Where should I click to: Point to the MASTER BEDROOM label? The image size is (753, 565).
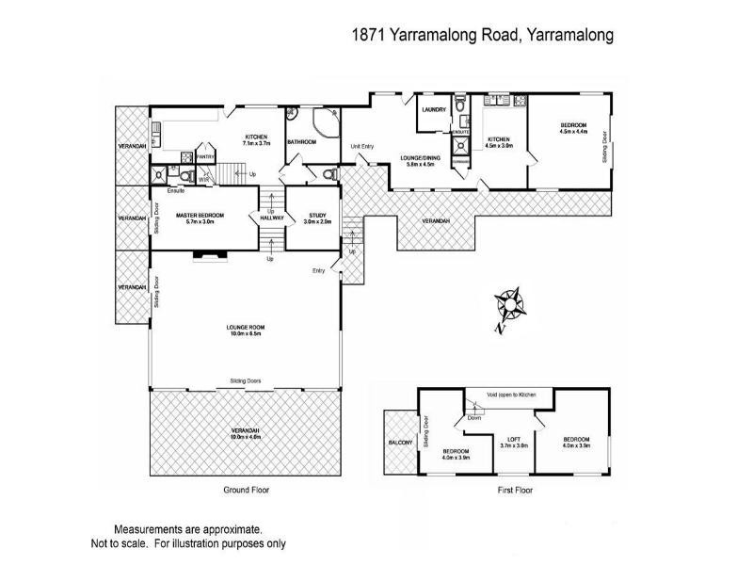pyautogui.click(x=200, y=216)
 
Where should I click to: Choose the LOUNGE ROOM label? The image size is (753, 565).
pyautogui.click(x=243, y=327)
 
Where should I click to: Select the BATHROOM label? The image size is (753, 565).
pyautogui.click(x=301, y=141)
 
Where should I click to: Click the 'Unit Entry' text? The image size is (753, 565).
pyautogui.click(x=362, y=146)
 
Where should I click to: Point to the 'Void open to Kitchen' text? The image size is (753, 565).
pyautogui.click(x=511, y=395)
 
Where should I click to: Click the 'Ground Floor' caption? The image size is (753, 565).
pyautogui.click(x=247, y=491)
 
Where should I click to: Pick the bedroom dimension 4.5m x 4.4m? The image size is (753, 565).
pyautogui.click(x=573, y=133)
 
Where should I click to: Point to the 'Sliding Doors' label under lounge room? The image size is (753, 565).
pyautogui.click(x=245, y=381)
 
